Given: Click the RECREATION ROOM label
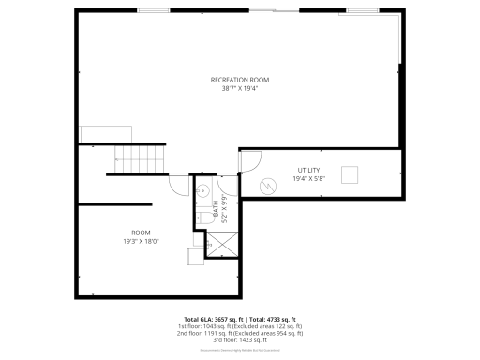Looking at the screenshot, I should pyautogui.click(x=240, y=80).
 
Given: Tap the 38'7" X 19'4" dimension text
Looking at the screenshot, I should pyautogui.click(x=240, y=89).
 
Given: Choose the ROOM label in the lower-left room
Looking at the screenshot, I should pyautogui.click(x=141, y=232).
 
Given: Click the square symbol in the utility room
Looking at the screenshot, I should pyautogui.click(x=352, y=175).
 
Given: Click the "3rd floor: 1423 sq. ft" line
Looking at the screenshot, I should pyautogui.click(x=239, y=339).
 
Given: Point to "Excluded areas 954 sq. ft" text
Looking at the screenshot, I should pyautogui.click(x=277, y=333).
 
